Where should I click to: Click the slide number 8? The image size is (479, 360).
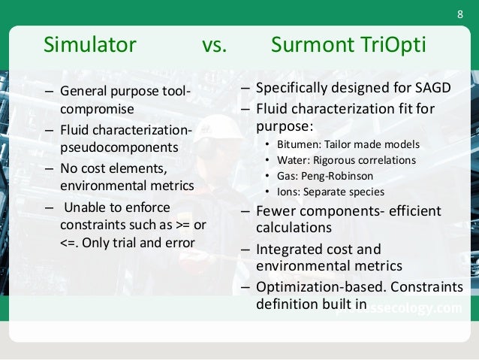pyautogui.click(x=461, y=17)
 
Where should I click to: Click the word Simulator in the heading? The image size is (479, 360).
pyautogui.click(x=91, y=46)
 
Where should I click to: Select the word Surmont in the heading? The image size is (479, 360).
pyautogui.click(x=309, y=46)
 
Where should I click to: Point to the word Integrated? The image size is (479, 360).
pyautogui.click(x=290, y=249)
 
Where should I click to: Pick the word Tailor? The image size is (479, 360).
pyautogui.click(x=346, y=144)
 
